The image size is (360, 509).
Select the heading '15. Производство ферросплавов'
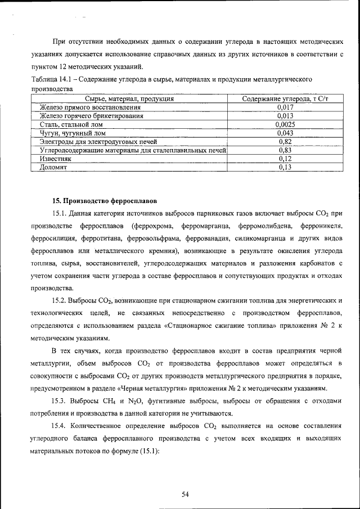(x=105, y=200)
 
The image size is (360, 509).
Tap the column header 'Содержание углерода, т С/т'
(x=285, y=99)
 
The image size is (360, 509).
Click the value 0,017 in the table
(x=285, y=107)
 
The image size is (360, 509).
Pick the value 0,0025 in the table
(x=285, y=125)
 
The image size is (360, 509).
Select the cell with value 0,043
(x=285, y=133)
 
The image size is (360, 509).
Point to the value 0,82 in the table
(x=285, y=142)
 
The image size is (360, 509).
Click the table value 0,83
(x=285, y=150)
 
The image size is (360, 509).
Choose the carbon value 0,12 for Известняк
(x=285, y=159)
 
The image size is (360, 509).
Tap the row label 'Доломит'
(x=54, y=168)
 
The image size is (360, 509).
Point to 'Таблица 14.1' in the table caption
(x=52, y=80)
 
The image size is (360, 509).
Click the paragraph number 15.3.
(x=60, y=400)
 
